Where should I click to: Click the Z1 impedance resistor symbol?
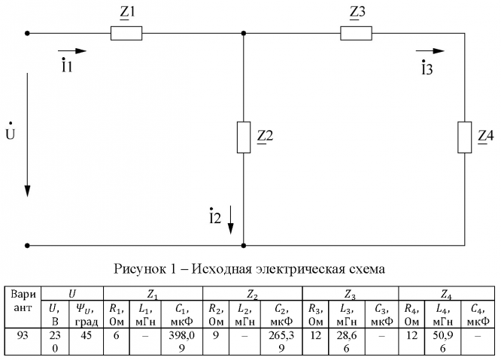coord(126,33)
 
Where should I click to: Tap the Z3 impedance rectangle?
coord(357,33)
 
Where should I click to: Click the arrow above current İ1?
coord(72,51)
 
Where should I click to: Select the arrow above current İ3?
coord(430,51)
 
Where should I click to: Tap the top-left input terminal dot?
coord(27,33)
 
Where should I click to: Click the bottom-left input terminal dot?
coord(27,245)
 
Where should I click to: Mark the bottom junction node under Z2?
coord(243,245)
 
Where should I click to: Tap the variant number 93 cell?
coord(23,334)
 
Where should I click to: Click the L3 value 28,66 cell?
coord(348,340)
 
